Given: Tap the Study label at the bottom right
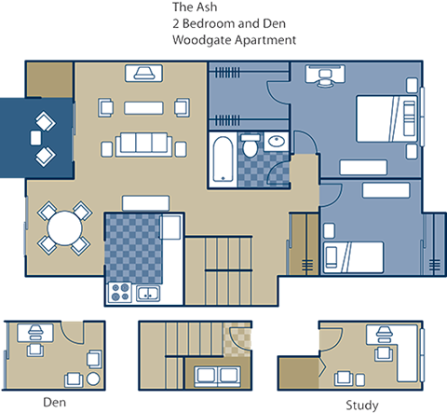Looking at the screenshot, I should [x=361, y=404].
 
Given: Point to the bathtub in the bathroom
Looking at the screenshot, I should [x=223, y=158].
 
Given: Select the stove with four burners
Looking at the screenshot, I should [x=120, y=292].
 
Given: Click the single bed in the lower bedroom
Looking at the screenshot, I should [x=355, y=254].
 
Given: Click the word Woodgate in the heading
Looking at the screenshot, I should [x=196, y=42].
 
